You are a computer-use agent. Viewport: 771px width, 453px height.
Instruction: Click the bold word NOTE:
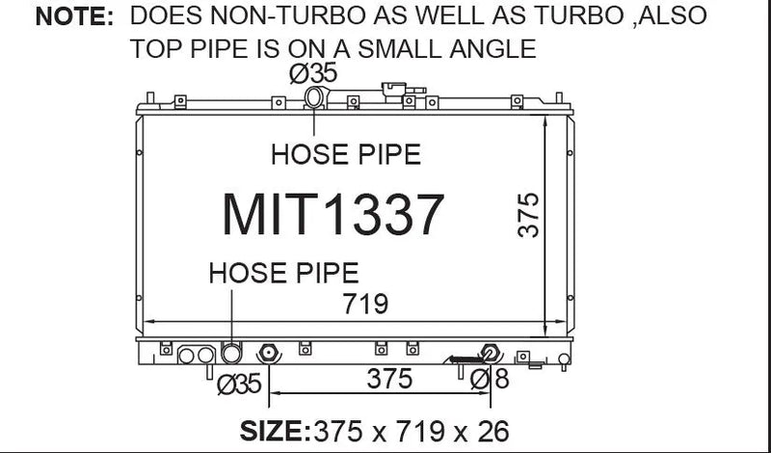[x=74, y=17]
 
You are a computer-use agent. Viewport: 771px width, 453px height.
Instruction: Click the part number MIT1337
[x=332, y=215]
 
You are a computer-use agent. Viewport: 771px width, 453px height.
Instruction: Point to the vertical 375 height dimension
[x=529, y=216]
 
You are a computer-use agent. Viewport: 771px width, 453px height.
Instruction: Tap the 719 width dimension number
[x=365, y=304]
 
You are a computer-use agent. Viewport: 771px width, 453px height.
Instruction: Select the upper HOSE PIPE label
[x=346, y=154]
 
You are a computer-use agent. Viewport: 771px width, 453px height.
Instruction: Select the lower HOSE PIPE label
[x=283, y=273]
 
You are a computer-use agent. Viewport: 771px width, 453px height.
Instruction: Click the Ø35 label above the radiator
[x=313, y=74]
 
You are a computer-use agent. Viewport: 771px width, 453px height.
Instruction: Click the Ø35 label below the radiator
[x=239, y=384]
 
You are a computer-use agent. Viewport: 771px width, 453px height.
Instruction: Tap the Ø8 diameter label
[x=490, y=379]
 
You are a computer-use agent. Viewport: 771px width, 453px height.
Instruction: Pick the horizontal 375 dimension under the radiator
[x=389, y=379]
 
